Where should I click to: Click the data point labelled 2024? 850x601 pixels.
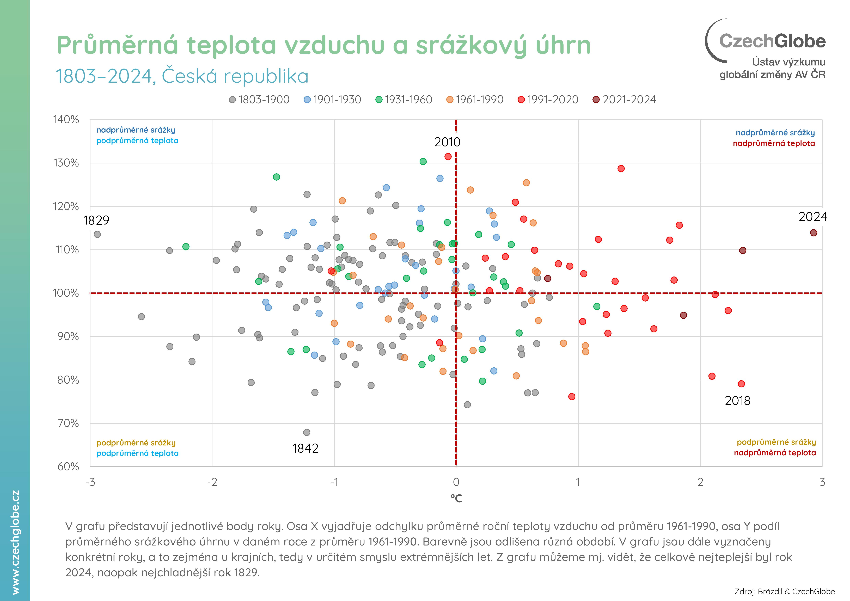coord(813,233)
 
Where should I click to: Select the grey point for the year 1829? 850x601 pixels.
coord(97,234)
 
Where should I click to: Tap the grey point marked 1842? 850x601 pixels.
coord(307,432)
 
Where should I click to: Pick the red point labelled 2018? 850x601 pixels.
coord(741,384)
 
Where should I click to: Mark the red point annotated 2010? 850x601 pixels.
coord(448,157)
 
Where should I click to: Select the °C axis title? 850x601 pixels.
coord(456,499)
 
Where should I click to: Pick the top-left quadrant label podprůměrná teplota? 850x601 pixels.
coord(137,141)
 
